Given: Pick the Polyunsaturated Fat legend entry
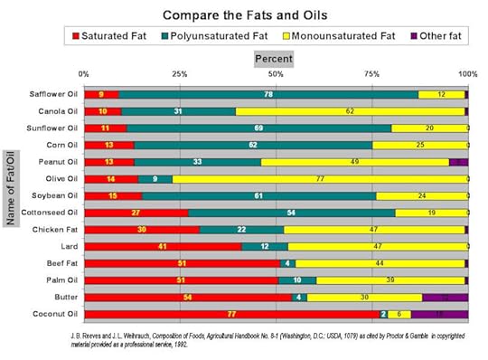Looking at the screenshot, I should [x=211, y=37].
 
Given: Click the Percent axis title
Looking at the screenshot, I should [x=275, y=58].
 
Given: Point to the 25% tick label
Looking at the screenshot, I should [x=180, y=73].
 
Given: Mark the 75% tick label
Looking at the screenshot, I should [x=371, y=73].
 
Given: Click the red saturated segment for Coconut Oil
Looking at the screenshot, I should [x=230, y=314].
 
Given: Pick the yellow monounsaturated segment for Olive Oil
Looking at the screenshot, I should [x=319, y=179].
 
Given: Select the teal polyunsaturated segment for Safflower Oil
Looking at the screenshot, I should [x=268, y=94].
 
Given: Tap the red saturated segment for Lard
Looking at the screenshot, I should [x=163, y=246].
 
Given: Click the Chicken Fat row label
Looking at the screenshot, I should [x=53, y=230].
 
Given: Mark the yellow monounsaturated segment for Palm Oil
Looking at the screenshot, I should [x=390, y=280].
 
